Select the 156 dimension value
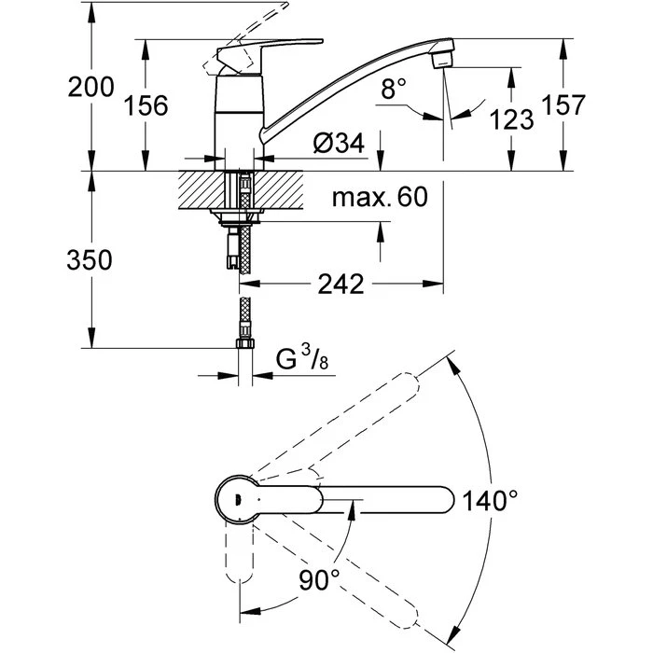146,106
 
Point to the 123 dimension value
512,119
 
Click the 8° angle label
394,90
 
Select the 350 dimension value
90,260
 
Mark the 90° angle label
319,581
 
